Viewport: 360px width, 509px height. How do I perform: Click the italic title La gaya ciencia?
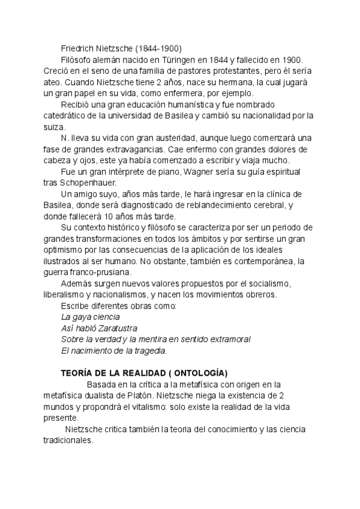pos(91,316)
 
